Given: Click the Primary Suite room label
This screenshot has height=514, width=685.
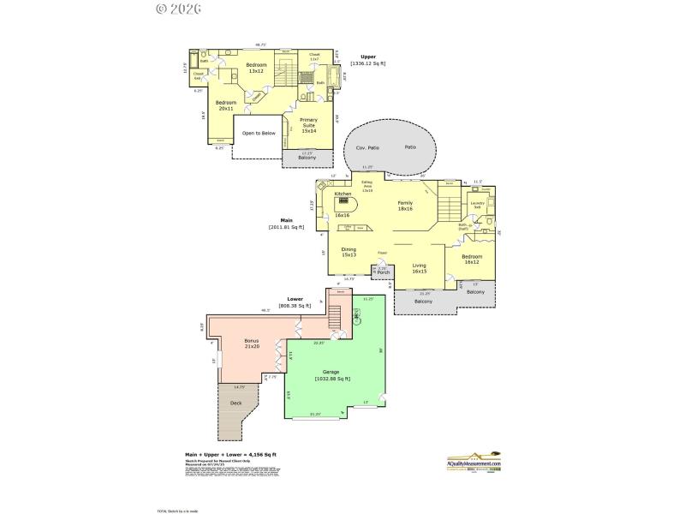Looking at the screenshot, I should point(307,124).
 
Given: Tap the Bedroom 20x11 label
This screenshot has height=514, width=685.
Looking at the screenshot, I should point(201,106).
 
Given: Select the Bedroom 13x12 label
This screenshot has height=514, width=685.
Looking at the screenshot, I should point(256,68).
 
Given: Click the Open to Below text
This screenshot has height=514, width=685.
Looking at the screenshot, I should point(259,134).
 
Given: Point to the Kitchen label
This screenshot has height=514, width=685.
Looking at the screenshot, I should point(342,194).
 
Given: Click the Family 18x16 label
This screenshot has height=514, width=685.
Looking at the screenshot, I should point(405,206).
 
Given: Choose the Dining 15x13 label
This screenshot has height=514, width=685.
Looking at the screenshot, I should point(348,253).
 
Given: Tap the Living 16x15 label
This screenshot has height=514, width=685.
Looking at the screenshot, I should point(419,269).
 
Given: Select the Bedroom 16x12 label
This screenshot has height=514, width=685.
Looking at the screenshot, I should point(473,260).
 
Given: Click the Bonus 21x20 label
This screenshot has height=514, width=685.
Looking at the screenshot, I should point(251,343).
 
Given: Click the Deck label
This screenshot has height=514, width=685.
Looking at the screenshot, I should point(235,402).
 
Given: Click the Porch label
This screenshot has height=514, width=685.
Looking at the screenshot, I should point(384,272).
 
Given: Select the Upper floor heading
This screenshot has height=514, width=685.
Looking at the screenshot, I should point(367,57).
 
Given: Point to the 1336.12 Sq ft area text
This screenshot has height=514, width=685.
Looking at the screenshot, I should point(367,63).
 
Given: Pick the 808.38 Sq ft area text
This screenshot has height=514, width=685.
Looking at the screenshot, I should point(295,306).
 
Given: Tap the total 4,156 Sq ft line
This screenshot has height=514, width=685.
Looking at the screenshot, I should point(230,454).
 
